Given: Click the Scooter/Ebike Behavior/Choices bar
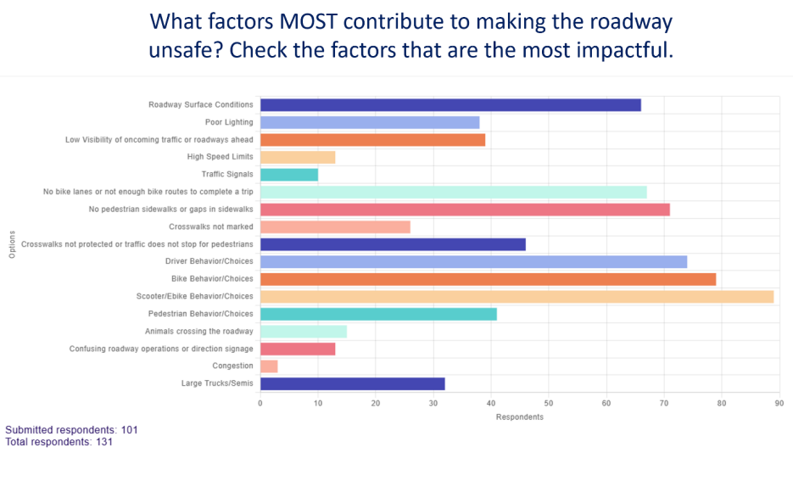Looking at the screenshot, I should coord(517,297).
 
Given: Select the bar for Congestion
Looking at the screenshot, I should coord(269,366).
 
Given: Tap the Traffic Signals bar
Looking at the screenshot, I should coord(289,175).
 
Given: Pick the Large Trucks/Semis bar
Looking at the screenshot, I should coord(352,383).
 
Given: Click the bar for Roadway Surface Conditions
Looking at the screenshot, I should coord(450,105).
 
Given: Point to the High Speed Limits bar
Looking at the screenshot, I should coord(298,157).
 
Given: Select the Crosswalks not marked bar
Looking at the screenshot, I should coord(335,227).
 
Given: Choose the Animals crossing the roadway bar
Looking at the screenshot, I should coord(304,332).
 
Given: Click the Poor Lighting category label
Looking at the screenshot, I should coord(229,122).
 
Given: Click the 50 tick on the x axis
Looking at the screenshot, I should coord(549,403).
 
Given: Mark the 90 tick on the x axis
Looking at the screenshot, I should coord(779,403).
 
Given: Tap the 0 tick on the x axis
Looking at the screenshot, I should coord(260,403).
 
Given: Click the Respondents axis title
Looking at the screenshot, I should coord(519,417).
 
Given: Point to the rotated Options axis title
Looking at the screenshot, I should coord(12,244).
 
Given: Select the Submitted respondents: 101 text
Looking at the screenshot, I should coord(71,430).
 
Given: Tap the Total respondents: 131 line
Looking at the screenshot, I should coord(59,442).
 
